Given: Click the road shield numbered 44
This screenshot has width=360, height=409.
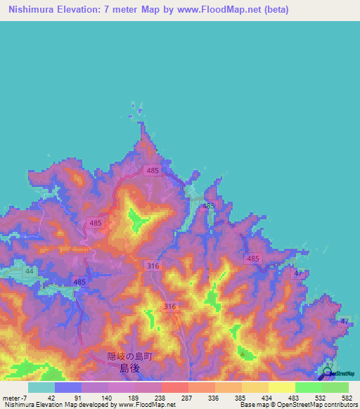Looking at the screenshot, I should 30,271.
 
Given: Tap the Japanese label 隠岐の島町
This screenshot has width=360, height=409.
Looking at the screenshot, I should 129,356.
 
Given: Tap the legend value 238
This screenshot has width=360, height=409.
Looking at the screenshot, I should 160,398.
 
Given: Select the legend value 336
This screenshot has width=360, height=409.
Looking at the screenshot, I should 214,398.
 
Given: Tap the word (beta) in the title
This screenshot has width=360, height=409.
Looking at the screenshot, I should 273,10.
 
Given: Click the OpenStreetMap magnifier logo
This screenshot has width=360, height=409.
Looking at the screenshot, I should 328,375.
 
